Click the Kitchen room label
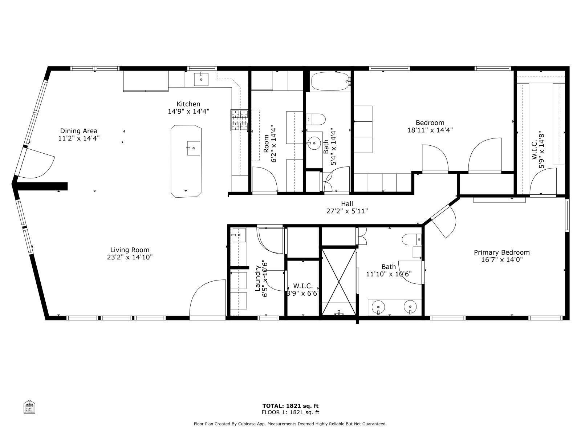pos(188,104)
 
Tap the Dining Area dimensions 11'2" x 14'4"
pos(79,138)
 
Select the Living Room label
pos(130,250)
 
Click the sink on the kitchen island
pos(194,148)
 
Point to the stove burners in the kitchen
pos(239,120)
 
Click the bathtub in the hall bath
pos(330,82)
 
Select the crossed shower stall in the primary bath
pos(338,281)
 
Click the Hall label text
pos(347,204)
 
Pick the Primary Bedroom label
pos(501,252)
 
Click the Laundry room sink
pos(239,235)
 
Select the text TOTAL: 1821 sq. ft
pos(290,406)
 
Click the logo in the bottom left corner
pos(29,407)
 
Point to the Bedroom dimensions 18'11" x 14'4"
pos(430,130)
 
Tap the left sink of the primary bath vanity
pos(378,307)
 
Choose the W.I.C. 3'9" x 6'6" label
pos(303,290)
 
